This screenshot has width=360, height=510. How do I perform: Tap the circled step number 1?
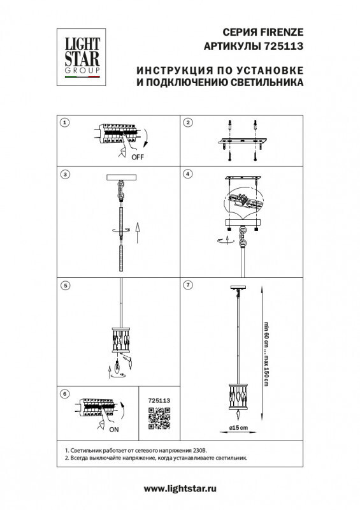[64, 122]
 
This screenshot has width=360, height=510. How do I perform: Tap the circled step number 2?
[188, 122]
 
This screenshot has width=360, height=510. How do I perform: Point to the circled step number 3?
[64, 174]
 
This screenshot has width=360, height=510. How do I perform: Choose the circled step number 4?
[188, 174]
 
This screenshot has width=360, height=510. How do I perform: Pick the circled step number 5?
[64, 285]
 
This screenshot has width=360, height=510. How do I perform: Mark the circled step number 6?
[64, 394]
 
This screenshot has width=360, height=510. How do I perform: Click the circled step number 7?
[188, 285]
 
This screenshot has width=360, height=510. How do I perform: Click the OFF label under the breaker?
[138, 156]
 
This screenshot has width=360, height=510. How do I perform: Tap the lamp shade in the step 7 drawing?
[240, 397]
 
